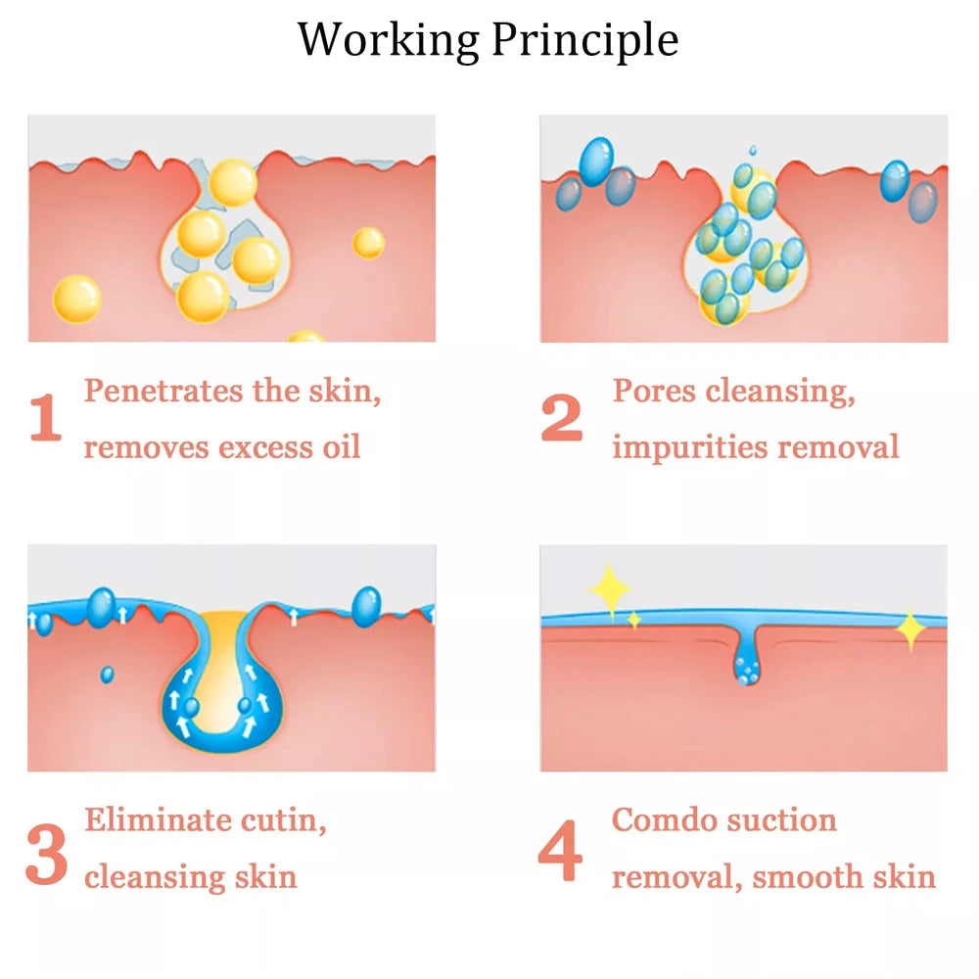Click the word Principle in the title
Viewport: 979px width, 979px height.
(585, 40)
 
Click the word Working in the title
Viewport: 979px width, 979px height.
(388, 41)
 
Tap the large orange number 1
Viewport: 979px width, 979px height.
(46, 417)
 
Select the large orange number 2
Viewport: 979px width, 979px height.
(562, 417)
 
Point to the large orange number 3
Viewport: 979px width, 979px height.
(47, 854)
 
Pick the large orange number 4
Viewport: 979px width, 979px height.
(560, 850)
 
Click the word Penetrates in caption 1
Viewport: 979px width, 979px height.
(163, 391)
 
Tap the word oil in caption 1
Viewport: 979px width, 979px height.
(342, 445)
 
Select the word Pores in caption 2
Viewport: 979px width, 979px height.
(654, 391)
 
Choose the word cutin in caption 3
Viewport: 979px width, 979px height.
(284, 820)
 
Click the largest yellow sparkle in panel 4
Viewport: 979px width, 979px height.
(609, 589)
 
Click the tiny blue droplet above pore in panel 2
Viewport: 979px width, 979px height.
(753, 151)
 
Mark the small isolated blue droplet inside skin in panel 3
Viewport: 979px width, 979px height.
(108, 675)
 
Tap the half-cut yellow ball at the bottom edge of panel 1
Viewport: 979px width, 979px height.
(305, 336)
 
